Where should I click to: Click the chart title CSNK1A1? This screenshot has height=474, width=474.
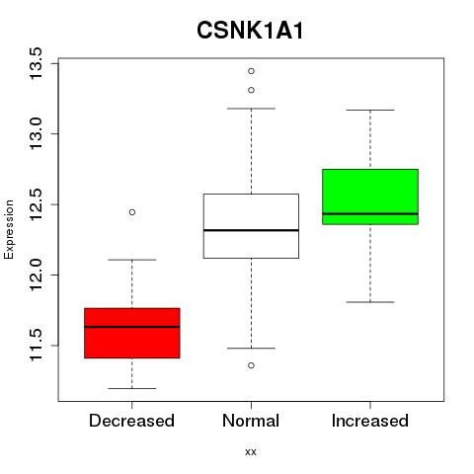point(250,31)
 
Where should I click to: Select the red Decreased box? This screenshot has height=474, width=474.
point(132,333)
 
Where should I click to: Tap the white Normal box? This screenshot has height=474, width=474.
point(251,226)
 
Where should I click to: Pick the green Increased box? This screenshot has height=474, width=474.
point(370,197)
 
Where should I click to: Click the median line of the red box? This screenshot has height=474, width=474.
point(132,327)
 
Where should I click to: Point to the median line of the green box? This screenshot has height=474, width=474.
point(370,213)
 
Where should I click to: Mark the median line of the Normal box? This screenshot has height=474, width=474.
point(251,230)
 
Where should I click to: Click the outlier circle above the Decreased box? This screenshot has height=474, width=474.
point(132,212)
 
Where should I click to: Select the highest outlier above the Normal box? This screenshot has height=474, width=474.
point(251,71)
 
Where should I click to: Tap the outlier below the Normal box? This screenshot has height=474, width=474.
point(251,365)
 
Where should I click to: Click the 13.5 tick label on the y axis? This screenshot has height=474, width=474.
point(36,63)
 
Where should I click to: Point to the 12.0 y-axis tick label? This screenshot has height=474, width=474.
point(36,275)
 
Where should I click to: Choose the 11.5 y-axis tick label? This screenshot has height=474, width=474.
point(36,346)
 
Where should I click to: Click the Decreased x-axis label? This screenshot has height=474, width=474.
point(131,421)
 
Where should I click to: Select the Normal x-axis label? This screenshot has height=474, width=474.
point(251,421)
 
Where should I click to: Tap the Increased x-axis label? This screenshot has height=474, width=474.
point(370,421)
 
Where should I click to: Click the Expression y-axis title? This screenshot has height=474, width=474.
point(9,229)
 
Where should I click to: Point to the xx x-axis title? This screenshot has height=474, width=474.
point(251,452)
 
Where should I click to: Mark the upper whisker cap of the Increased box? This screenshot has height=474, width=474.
point(370,110)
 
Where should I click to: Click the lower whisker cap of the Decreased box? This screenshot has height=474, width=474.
point(132,388)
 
